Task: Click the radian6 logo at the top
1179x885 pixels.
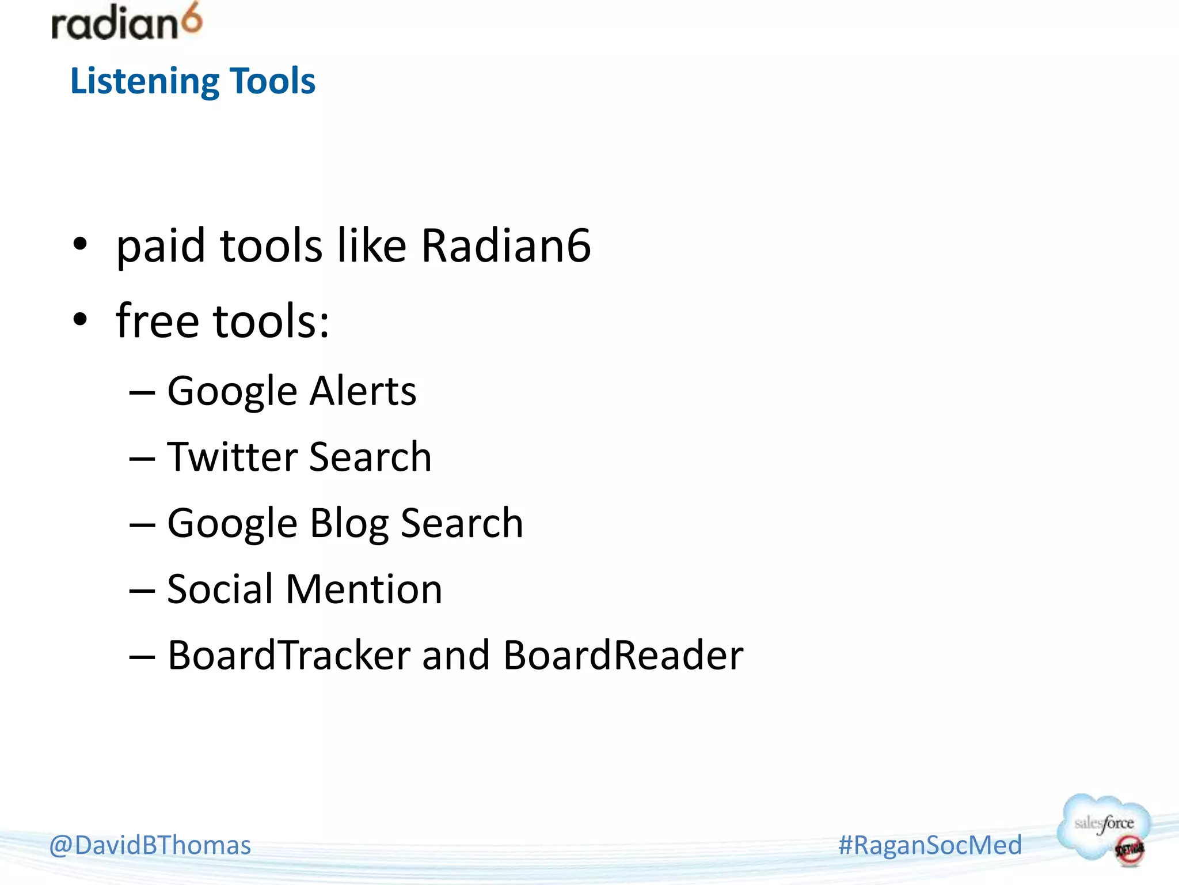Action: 127,23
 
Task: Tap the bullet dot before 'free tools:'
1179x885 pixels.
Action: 80,320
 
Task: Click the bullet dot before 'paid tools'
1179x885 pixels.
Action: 80,244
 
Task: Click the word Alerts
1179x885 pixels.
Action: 363,391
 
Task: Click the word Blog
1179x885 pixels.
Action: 349,524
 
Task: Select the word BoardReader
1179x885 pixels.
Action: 623,656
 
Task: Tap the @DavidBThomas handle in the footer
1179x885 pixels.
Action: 150,845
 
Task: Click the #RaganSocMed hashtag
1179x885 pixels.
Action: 930,845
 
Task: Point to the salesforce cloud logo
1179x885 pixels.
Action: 1104,829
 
